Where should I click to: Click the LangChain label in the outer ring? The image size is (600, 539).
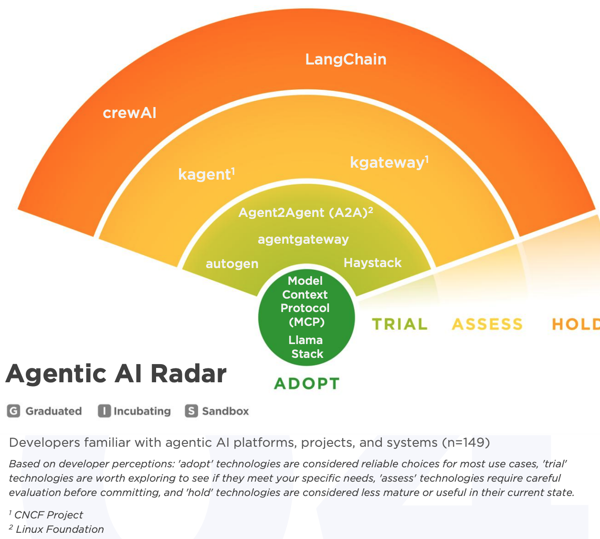coord(346,59)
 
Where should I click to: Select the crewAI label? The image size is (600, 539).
coord(129,113)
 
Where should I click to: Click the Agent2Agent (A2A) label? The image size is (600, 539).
coord(305,213)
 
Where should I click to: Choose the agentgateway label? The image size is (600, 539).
coord(303,239)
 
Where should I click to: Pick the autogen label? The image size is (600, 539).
coord(232,264)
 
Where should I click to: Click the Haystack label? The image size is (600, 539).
coord(372,263)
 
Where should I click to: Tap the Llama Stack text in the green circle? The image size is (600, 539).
coord(306,347)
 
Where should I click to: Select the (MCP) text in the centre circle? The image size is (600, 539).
coord(306,322)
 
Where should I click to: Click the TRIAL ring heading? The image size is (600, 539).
coord(400,324)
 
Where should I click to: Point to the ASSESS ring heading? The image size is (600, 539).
coord(487,324)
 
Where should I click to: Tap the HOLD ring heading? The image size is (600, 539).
coord(575,324)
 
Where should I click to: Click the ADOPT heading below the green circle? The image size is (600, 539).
coord(306,384)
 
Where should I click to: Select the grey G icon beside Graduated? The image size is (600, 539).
coord(13,411)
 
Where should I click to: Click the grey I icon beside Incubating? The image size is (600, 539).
coord(104,411)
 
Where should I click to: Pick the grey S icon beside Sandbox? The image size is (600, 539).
coord(191,411)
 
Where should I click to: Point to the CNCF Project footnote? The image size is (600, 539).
coord(48,515)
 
